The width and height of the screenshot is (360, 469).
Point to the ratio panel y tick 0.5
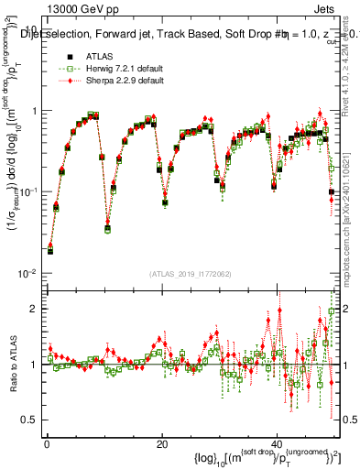coord(30,420)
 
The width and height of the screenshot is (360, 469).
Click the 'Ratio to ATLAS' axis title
coord(11,364)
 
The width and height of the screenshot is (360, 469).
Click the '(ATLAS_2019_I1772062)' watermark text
coord(191,274)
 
